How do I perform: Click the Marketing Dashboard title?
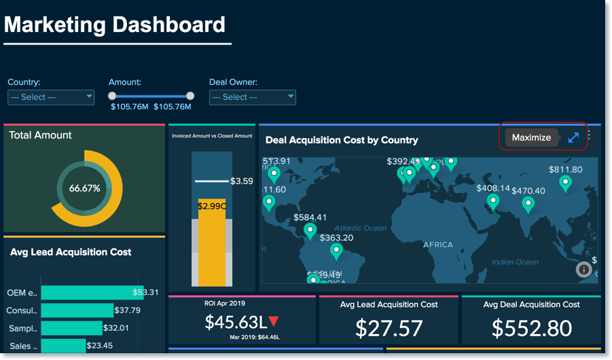(x=115, y=25)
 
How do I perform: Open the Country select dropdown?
(x=50, y=97)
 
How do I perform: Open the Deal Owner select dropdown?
(x=252, y=97)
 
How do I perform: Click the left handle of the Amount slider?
(x=112, y=96)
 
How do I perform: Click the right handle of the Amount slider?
(x=190, y=96)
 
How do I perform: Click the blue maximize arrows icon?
(x=573, y=137)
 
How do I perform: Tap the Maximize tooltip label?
(x=531, y=137)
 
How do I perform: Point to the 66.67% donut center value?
(x=84, y=188)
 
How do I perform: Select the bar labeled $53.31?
(x=92, y=293)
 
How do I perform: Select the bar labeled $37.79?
(x=77, y=310)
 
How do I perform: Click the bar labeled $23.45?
(x=63, y=346)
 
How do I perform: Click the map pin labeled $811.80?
(x=565, y=182)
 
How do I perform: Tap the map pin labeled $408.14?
(x=493, y=201)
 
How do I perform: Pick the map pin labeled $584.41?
(x=310, y=231)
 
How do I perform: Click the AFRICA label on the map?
(x=437, y=245)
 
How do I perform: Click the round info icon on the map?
(x=583, y=270)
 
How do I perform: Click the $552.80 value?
(x=531, y=328)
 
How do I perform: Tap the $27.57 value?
(x=389, y=328)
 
